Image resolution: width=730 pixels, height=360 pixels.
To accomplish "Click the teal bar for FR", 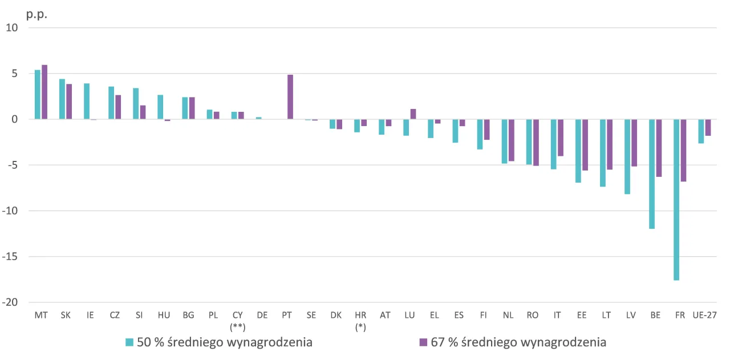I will (x=676, y=200).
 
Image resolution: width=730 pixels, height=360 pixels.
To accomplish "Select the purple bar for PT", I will (x=290, y=97).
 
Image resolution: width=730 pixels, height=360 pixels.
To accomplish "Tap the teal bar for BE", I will (x=652, y=174).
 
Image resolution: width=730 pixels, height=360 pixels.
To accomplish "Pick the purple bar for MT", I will (x=44, y=92).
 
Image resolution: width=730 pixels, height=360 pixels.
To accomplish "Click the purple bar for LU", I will (x=413, y=114).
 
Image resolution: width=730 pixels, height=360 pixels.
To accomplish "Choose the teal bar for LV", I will (x=627, y=157).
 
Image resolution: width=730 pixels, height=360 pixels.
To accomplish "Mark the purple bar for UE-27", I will (x=708, y=127).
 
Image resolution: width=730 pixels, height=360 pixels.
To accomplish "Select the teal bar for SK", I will (x=62, y=99).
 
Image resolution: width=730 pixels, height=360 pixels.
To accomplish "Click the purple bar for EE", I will (x=585, y=145).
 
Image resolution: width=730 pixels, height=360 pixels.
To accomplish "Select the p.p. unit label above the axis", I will (x=36, y=14).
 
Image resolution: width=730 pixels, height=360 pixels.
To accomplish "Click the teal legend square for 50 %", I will (x=129, y=342).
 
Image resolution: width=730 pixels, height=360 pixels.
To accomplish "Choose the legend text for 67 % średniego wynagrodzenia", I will (x=518, y=342).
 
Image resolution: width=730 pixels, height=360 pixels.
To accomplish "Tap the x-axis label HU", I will (x=164, y=315).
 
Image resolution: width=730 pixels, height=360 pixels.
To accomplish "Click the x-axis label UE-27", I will (x=704, y=315).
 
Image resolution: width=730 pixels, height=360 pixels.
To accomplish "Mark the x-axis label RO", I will (x=532, y=315).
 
